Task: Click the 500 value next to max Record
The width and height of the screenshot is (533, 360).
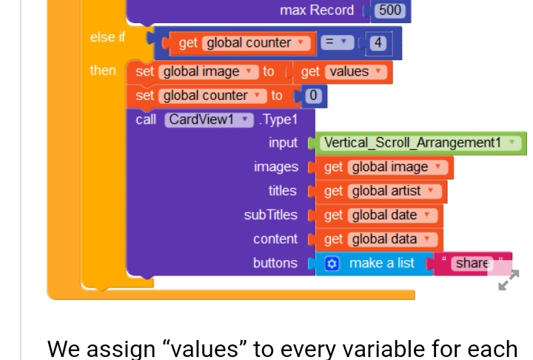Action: point(390,10)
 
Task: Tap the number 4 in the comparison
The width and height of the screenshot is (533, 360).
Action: point(378,43)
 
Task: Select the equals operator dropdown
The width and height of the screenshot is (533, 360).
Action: point(338,42)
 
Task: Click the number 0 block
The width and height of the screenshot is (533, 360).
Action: point(313,96)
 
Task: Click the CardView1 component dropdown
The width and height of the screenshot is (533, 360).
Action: point(209,120)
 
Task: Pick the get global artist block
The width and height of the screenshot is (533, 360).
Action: point(381,191)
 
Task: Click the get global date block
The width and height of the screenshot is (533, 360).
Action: point(379,216)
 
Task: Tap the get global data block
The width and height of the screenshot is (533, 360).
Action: point(379,239)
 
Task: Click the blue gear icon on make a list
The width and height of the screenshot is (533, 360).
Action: point(332,264)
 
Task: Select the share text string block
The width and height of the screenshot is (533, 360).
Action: point(472,264)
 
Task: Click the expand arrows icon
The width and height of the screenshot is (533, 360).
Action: point(509,280)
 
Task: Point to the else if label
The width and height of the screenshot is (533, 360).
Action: point(107,37)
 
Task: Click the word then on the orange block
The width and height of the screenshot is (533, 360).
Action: point(103,71)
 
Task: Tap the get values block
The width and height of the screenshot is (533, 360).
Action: point(343,72)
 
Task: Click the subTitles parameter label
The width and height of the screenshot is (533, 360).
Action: point(271,215)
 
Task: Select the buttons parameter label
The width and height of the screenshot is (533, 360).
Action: point(275,263)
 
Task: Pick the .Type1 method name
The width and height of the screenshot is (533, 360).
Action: point(278,120)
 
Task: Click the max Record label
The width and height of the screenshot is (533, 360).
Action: point(317,10)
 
